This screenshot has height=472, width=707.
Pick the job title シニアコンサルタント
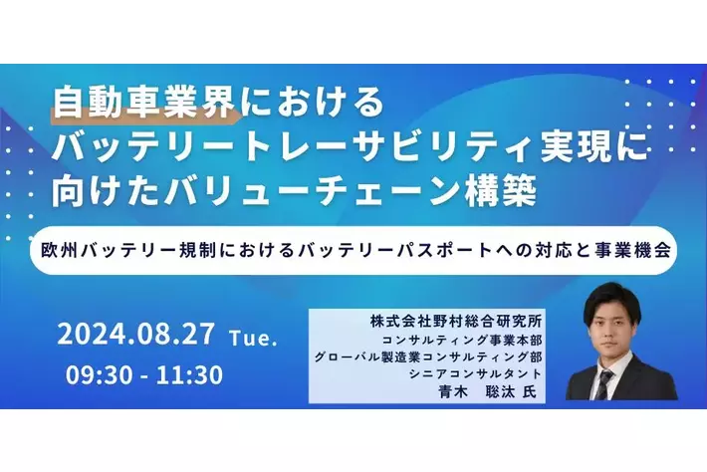(468, 373)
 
